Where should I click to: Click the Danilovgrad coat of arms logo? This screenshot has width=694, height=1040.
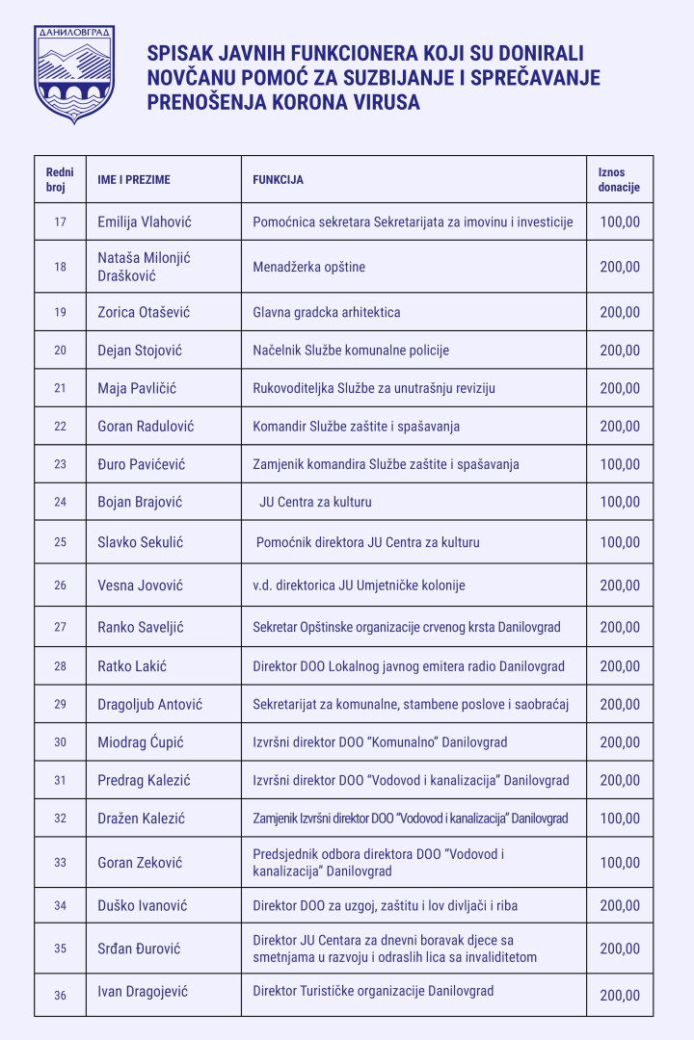click(74, 74)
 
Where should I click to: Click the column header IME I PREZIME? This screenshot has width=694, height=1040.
click(135, 180)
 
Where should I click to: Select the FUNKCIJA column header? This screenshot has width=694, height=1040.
click(279, 180)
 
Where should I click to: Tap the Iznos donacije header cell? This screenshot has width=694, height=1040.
click(619, 180)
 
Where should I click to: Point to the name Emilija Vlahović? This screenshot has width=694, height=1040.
click(145, 221)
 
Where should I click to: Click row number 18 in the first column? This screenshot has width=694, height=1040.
click(60, 267)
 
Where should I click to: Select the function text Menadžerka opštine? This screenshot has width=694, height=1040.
click(308, 267)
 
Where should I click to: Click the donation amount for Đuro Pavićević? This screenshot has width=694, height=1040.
click(620, 464)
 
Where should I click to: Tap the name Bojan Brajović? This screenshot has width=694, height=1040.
click(140, 502)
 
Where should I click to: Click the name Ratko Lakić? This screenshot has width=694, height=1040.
click(132, 666)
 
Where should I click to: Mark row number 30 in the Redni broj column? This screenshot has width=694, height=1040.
click(60, 742)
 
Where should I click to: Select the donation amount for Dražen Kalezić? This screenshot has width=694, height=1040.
click(620, 819)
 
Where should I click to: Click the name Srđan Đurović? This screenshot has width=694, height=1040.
click(140, 949)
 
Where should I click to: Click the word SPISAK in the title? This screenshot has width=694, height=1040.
click(176, 53)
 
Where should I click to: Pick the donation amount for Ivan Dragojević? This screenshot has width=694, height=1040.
click(620, 996)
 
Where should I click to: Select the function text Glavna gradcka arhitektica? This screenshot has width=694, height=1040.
click(326, 312)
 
